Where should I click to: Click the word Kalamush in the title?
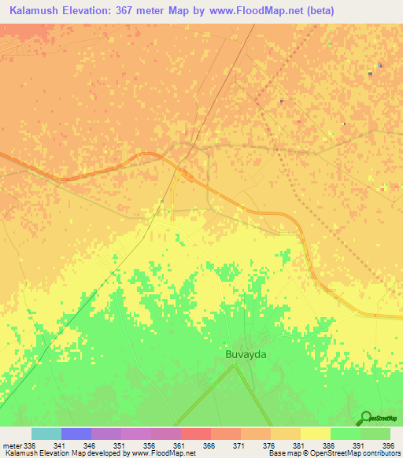(36, 11)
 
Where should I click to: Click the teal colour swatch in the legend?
(46, 434)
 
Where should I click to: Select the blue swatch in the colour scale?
(76, 434)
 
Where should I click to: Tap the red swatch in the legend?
(195, 434)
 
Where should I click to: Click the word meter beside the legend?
(11, 445)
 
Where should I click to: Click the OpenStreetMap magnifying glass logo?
(364, 417)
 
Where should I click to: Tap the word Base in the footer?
(275, 453)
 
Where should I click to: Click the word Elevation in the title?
(91, 11)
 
